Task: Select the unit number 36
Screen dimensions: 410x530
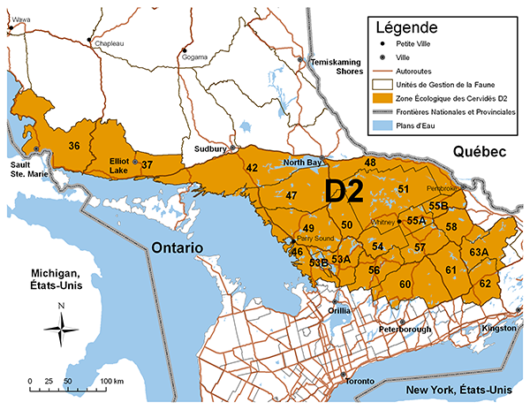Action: coord(75,146)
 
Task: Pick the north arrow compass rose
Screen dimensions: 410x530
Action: coord(60,330)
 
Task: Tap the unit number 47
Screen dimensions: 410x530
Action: coord(291,195)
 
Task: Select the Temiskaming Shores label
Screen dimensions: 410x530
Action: coord(329,67)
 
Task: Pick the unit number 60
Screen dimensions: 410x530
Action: coord(405,284)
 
